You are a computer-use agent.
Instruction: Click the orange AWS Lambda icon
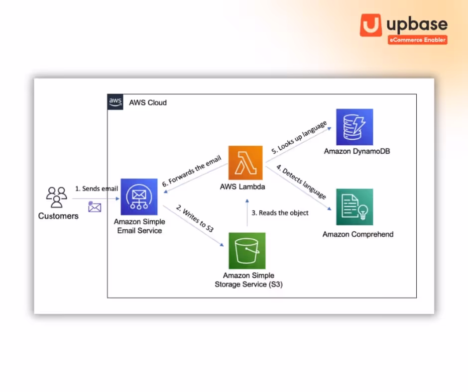click(245, 163)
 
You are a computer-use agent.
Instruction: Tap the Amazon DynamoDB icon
click(354, 127)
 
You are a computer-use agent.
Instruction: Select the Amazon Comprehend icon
click(354, 207)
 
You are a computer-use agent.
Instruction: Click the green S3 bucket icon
click(247, 251)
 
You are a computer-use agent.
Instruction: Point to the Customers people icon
click(57, 197)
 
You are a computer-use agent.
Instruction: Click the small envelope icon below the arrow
click(95, 207)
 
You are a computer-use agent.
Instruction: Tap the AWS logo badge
click(116, 102)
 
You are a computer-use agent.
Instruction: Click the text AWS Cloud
click(148, 102)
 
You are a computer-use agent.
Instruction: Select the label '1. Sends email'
click(97, 189)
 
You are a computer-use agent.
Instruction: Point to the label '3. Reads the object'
click(280, 212)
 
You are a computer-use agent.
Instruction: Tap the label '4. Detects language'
click(301, 183)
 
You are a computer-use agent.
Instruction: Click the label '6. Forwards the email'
click(191, 172)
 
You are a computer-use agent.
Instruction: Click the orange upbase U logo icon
click(371, 25)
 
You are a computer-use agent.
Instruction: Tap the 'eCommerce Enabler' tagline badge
click(417, 39)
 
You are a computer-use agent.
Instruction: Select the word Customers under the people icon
click(58, 216)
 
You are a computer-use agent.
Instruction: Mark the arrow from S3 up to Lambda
click(247, 213)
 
